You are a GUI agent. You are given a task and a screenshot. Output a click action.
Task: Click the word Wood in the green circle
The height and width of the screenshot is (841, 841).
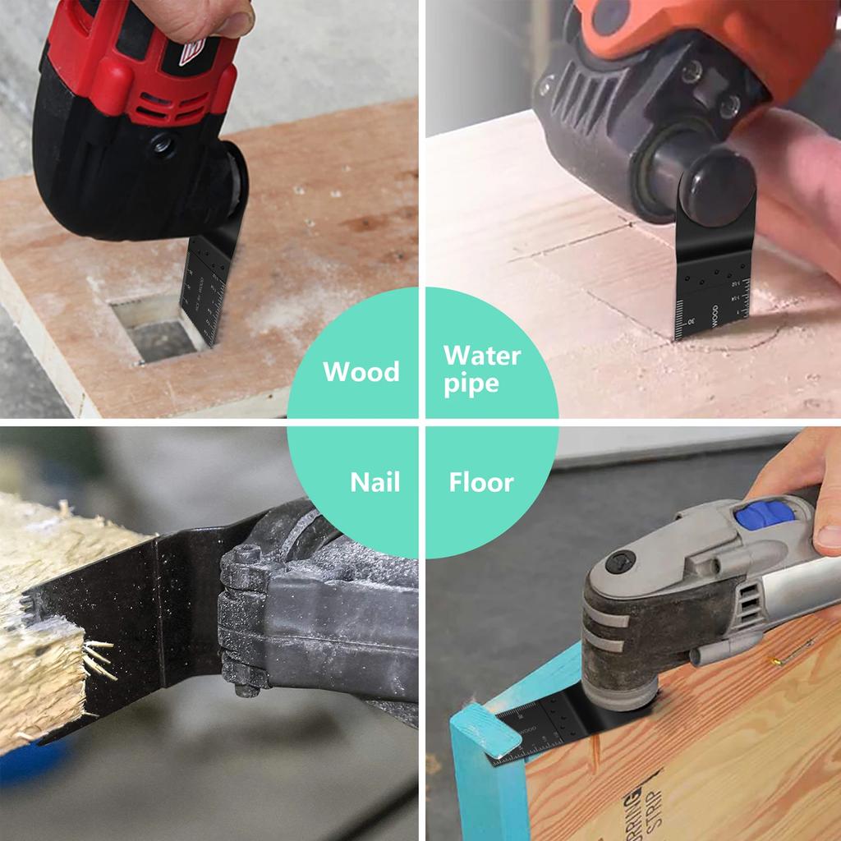tap(361, 371)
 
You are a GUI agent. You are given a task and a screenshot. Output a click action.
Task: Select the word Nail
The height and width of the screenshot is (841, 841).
tap(375, 482)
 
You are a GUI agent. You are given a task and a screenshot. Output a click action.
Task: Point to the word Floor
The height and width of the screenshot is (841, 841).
tap(480, 482)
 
